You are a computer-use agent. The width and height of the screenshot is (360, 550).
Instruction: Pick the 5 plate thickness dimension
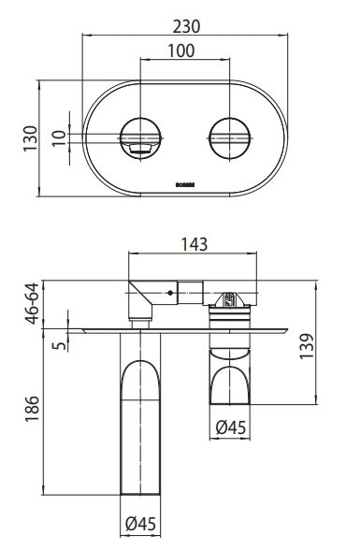point(58,347)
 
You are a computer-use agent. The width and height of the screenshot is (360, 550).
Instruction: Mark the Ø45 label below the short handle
point(230,427)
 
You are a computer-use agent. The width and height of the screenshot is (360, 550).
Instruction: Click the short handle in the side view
point(231,374)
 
